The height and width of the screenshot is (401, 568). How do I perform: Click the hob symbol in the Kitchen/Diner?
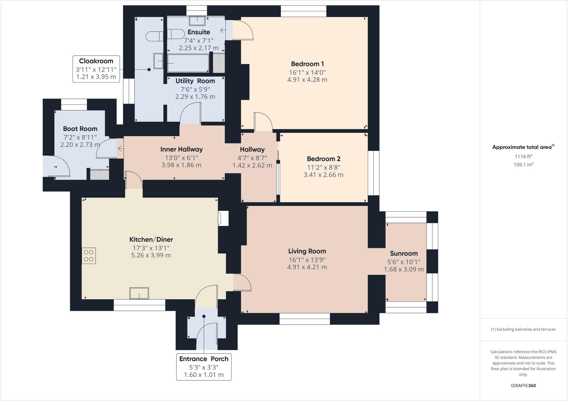point(88,255)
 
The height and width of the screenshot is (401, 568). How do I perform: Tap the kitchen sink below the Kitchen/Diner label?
point(139,293)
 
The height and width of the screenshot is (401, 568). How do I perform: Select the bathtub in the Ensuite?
point(188,64)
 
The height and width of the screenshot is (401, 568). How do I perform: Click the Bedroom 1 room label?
point(307,64)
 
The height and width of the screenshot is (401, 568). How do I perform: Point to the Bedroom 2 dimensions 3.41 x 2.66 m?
point(323,175)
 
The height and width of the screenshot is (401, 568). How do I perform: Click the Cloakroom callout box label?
point(96,61)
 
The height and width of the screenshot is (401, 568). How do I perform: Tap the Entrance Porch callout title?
point(204,359)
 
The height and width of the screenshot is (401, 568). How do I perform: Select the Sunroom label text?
point(404,253)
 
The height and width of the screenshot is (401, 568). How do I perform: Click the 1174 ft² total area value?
point(523,157)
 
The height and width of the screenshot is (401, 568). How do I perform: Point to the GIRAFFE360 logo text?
point(523,385)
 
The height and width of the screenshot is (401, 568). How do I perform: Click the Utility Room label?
point(195,81)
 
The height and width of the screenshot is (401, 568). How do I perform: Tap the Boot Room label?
point(80,129)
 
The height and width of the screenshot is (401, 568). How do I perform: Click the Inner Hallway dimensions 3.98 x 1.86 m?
point(181,165)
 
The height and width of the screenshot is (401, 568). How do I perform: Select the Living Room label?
point(307,251)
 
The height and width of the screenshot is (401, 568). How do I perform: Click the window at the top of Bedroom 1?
point(303,11)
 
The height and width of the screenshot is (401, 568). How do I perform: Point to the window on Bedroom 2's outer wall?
point(373,173)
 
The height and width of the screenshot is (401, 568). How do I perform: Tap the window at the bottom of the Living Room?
point(305,319)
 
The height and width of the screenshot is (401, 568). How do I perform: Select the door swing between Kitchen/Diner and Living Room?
point(242,282)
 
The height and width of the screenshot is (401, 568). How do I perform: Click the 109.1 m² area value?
point(523,164)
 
